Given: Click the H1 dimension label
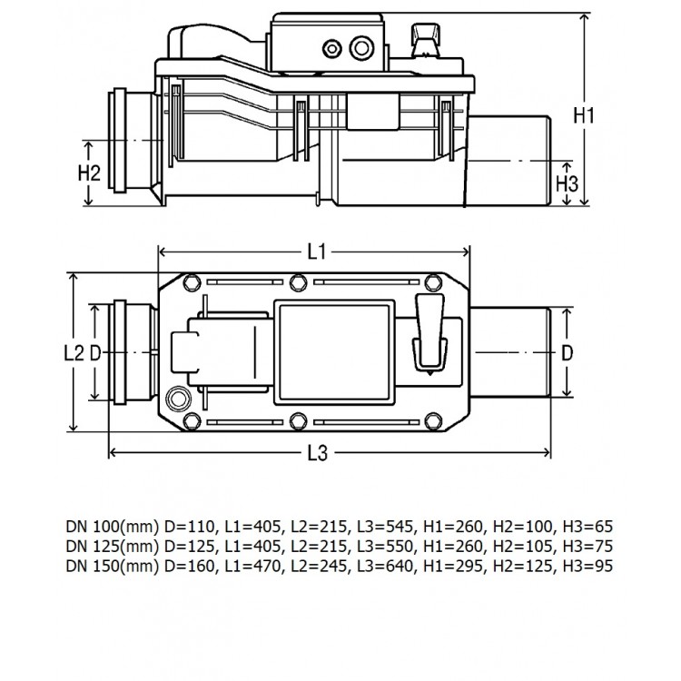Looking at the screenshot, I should point(584,115).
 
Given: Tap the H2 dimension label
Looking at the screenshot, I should point(88,173).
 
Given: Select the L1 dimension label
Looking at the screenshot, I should point(316,253).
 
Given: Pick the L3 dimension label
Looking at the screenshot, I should point(316,455).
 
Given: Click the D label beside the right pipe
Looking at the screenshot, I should point(567,352).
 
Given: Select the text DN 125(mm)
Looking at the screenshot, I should point(104,546).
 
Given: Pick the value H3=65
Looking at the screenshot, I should point(588,526).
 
